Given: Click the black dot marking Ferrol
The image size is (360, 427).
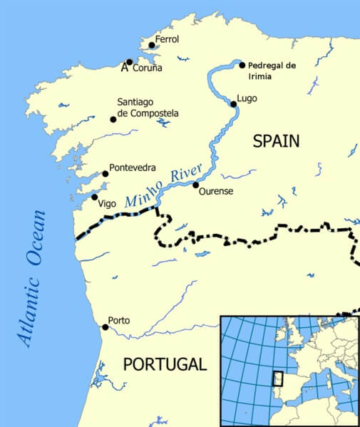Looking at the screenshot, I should [x=151, y=45].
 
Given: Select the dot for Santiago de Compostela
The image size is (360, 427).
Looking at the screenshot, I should [x=113, y=119].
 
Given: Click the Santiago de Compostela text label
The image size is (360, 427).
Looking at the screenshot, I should [x=148, y=108].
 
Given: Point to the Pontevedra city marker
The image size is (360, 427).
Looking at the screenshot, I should [x=105, y=173].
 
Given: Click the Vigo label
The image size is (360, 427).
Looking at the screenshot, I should [x=107, y=203].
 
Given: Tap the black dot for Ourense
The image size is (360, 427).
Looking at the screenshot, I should [x=195, y=185].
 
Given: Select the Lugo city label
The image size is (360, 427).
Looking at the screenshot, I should [x=247, y=98].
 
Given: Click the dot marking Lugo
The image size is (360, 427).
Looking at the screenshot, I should [x=233, y=104].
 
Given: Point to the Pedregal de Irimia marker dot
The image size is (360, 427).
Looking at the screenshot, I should [x=242, y=65].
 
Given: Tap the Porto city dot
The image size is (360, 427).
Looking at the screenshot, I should [x=105, y=327].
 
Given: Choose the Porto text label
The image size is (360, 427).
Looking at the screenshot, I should [x=118, y=320].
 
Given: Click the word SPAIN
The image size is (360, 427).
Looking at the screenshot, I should [x=276, y=141].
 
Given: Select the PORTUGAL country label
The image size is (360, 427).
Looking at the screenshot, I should [x=164, y=364].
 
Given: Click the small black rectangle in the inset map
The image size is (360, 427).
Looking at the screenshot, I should [x=279, y=379].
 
